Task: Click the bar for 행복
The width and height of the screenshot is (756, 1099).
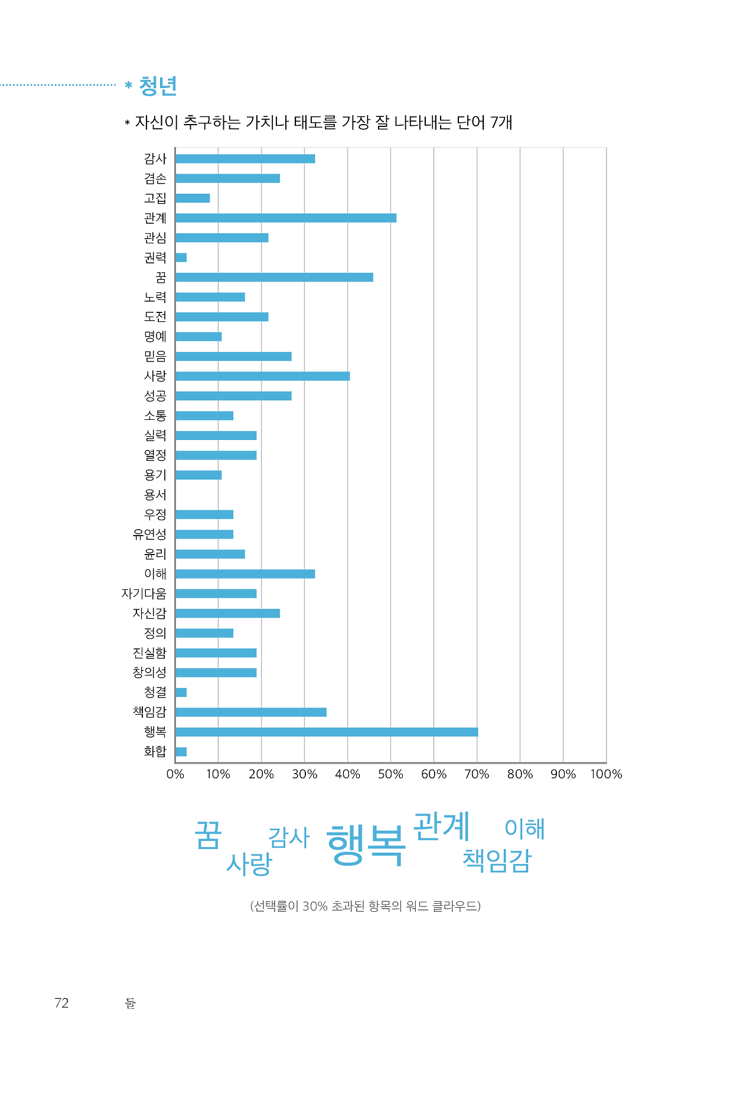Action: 326,732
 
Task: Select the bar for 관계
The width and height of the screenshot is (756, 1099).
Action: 285,218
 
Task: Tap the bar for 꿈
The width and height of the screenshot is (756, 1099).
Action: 274,277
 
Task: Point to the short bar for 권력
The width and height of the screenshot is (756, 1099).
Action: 181,257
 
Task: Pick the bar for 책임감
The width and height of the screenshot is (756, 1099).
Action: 250,712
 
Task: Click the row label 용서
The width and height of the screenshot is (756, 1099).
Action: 155,495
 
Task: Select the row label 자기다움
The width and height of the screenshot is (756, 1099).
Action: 144,593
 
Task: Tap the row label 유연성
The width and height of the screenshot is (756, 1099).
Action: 149,534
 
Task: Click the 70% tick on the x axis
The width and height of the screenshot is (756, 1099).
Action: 477,774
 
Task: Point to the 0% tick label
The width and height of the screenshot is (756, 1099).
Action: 175,774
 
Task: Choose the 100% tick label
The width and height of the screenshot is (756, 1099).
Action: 606,774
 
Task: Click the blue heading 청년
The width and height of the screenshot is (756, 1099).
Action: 158,86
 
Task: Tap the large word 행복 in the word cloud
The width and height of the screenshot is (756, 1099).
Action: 366,844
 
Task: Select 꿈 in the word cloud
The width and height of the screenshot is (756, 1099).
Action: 208,835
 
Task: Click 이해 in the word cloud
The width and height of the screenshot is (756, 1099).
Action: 524,828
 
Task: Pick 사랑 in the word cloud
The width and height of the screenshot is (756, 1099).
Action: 249,864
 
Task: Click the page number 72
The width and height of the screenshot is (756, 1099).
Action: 61,1003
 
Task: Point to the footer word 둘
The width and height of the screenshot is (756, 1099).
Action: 131,1003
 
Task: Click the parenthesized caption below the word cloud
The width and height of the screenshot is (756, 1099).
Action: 365,906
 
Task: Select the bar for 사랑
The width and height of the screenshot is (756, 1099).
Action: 262,376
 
